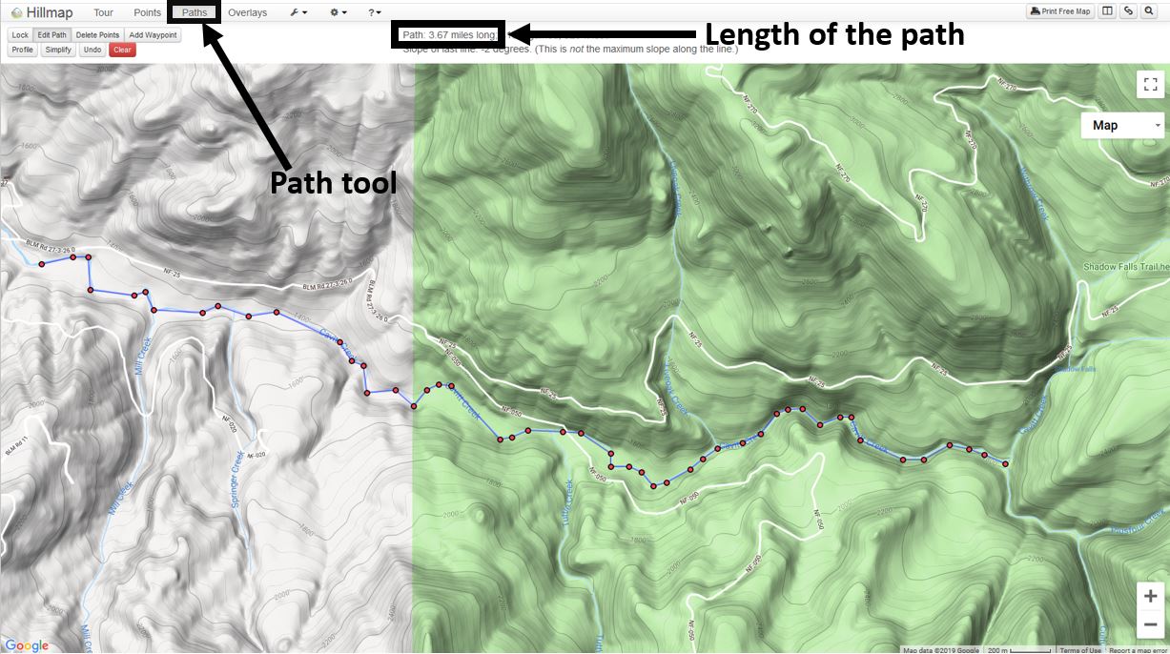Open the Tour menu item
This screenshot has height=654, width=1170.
tap(103, 12)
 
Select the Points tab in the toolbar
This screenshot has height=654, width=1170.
tap(147, 12)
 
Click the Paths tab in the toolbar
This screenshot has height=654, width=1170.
tap(195, 12)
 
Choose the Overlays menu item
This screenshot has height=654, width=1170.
tap(247, 12)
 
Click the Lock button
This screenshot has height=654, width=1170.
tap(20, 35)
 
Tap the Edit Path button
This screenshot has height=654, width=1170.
tap(52, 35)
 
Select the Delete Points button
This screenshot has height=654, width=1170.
tap(97, 35)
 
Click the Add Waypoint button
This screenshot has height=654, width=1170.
tap(153, 35)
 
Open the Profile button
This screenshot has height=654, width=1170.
tap(23, 50)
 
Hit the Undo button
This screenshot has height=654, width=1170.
tap(92, 50)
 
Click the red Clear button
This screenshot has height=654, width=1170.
tap(122, 50)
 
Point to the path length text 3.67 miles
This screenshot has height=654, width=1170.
tap(449, 35)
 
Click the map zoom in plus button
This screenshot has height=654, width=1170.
tap(1151, 597)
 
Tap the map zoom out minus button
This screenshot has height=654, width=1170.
tap(1151, 624)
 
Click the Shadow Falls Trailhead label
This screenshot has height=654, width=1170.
tap(1125, 267)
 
